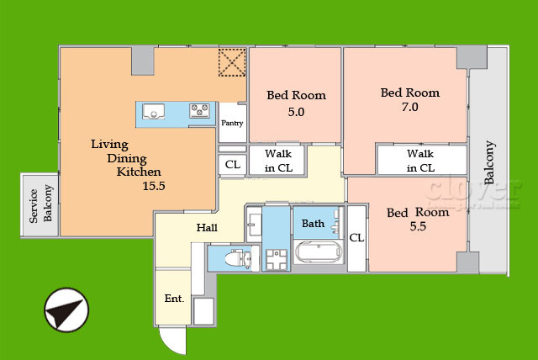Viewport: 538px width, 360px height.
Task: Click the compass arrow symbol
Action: coord(66,310)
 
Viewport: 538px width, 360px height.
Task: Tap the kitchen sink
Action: coord(153,112)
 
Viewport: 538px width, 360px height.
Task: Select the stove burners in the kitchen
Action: coord(199,111)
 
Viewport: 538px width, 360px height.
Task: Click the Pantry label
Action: coord(232,123)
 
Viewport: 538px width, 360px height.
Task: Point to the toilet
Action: coord(238,258)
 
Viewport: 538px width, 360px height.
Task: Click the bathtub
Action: coord(319,251)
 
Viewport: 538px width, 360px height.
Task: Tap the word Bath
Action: coord(313,224)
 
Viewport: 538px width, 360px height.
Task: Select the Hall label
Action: coord(207,228)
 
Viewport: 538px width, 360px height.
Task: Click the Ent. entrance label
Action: coord(174,299)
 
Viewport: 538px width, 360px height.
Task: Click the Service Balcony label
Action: coord(40,204)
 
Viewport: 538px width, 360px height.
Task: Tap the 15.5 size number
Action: coord(154,186)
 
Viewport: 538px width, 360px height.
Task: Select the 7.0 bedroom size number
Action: coord(410,107)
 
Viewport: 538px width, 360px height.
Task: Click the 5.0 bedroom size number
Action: coord(296,112)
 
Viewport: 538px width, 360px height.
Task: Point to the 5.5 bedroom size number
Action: coord(418,226)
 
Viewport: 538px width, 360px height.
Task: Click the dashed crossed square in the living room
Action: coord(232,62)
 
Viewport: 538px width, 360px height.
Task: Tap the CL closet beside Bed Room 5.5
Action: coord(356,238)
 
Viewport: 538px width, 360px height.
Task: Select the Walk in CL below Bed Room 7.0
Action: coord(420,161)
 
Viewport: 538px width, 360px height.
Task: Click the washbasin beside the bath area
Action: coord(254,225)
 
